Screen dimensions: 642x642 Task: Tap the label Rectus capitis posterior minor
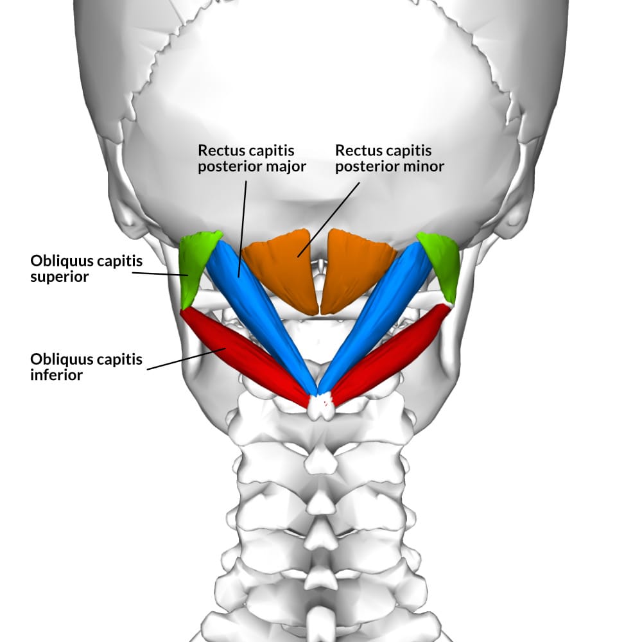click(390, 159)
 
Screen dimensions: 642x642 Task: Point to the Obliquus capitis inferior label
click(86, 367)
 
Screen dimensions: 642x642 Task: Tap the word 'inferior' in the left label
click(56, 375)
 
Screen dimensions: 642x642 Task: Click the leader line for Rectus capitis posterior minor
click(327, 218)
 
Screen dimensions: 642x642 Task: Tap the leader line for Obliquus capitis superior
click(160, 273)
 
